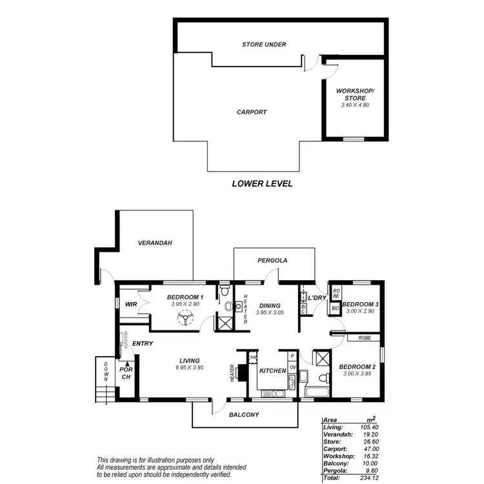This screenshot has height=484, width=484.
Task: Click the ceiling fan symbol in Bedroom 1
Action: click(x=187, y=318)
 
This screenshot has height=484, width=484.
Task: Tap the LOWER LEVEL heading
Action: click(x=262, y=184)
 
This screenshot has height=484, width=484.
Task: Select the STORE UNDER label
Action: click(x=264, y=45)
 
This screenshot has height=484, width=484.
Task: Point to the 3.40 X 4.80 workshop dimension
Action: click(x=354, y=105)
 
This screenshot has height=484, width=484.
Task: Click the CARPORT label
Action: click(x=252, y=112)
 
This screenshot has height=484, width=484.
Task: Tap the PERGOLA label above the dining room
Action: click(x=272, y=261)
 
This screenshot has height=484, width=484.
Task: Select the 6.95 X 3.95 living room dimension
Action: click(x=190, y=368)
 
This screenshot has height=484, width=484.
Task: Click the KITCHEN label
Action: click(x=272, y=371)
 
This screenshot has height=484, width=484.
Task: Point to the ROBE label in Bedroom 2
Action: click(x=363, y=338)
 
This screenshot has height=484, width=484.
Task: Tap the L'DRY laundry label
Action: click(x=317, y=297)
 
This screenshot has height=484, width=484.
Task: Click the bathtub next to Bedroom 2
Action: click(x=318, y=392)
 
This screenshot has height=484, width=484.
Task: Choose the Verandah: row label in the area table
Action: click(x=338, y=435)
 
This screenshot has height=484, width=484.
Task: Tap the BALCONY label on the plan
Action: click(x=244, y=415)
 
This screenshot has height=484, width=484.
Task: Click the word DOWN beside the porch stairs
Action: click(x=106, y=372)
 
